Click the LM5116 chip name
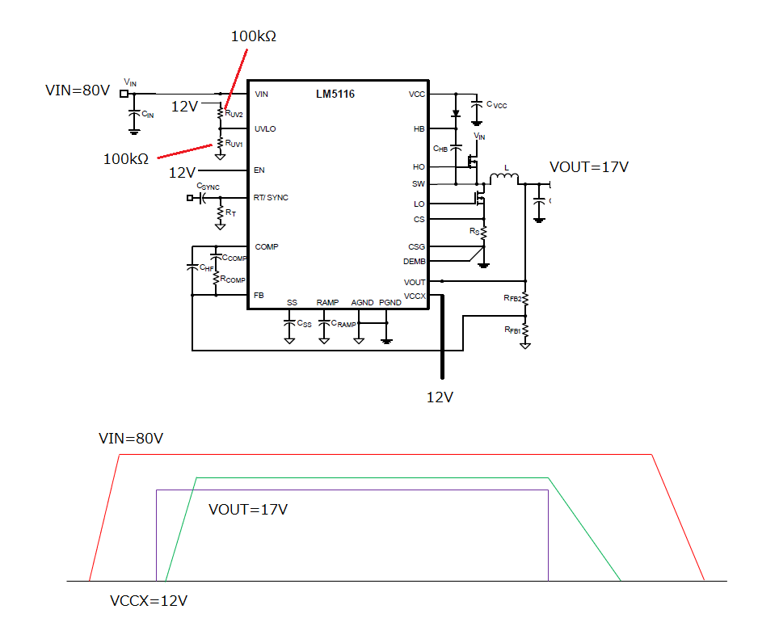point(335,94)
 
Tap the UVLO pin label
point(265,129)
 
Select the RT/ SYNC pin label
point(271,198)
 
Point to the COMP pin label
point(267,246)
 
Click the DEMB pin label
point(415,262)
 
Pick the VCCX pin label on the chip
point(415,296)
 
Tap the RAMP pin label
point(327,302)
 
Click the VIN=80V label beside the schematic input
point(78,90)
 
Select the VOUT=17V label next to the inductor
point(589,167)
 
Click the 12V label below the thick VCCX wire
point(440,397)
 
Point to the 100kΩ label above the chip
point(254,36)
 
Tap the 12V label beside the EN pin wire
point(183,173)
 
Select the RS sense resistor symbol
point(484,233)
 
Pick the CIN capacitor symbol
point(133,114)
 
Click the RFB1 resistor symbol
point(525,330)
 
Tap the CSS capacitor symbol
point(289,323)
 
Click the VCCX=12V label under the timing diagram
point(149,601)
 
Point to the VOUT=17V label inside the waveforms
point(248,510)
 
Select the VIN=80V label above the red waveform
point(131,439)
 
